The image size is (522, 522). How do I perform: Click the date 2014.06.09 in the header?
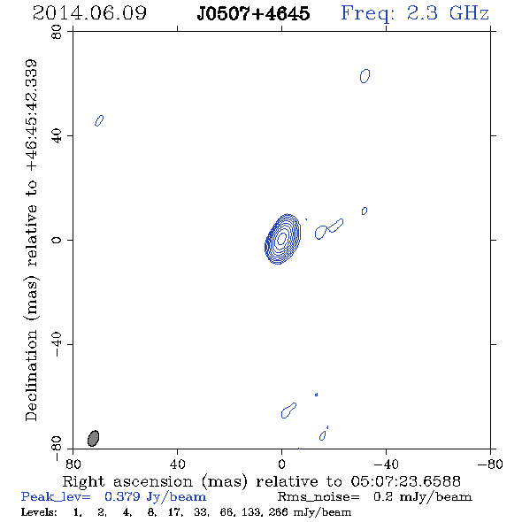[89, 13]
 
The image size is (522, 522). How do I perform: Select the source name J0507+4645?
[253, 13]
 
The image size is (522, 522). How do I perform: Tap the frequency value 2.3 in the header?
[422, 13]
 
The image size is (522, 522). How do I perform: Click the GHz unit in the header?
[469, 13]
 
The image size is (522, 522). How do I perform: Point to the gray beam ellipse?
[94, 438]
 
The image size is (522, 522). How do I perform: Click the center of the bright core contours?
[282, 238]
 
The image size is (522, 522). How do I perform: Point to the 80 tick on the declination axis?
[57, 32]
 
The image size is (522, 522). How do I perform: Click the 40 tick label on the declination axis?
[57, 136]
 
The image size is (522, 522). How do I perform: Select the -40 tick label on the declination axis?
[57, 344]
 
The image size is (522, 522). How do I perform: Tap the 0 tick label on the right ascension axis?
[281, 464]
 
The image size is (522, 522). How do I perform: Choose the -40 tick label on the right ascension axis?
[386, 464]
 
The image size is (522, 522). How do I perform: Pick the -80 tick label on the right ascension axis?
[490, 464]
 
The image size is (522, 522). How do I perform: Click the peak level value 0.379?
[122, 496]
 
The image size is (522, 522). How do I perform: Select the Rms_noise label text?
[319, 497]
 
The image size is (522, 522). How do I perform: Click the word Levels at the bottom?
[39, 511]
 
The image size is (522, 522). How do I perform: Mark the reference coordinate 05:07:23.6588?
[406, 481]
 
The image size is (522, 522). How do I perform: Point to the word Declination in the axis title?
[31, 375]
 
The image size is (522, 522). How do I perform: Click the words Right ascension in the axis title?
[127, 481]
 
